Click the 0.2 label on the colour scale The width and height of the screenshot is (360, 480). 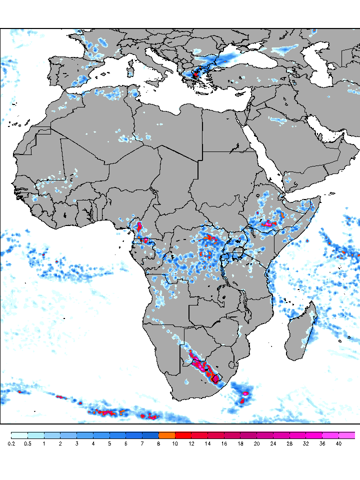pos(11,443)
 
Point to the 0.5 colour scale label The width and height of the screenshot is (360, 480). pos(27,443)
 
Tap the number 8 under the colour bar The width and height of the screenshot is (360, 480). pos(158,443)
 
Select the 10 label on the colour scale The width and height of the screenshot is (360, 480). pos(175,443)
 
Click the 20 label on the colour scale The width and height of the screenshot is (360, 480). pos(256,443)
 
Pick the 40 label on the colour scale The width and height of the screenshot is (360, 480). pos(338,443)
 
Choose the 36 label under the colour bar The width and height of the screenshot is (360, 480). pos(322,443)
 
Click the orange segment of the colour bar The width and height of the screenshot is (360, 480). pos(166,435)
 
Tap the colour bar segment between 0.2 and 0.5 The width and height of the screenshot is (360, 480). pos(19,435)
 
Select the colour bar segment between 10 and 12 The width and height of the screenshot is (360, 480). pos(183,435)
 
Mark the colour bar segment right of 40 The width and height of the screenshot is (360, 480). pos(347,435)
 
